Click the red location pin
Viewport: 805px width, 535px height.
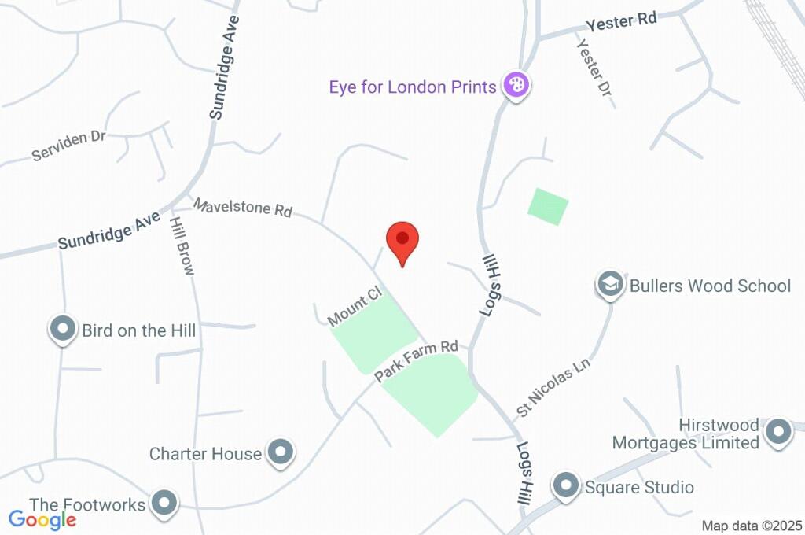[402, 240]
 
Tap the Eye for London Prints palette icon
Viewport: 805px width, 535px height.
[516, 84]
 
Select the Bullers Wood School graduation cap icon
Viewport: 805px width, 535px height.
[610, 284]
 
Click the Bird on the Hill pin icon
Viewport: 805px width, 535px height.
[63, 329]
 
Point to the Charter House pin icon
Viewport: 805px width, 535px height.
[280, 452]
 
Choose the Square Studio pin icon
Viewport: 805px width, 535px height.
[566, 485]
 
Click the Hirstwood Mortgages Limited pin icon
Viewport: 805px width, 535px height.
[778, 431]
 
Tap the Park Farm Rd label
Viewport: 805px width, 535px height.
[416, 360]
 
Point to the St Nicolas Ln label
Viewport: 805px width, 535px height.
[553, 388]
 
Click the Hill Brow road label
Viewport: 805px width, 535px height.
[182, 245]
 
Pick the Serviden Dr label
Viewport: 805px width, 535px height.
[68, 146]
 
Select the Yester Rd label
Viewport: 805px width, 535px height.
[621, 22]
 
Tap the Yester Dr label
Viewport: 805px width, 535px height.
[594, 72]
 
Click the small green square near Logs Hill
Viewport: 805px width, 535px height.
[548, 206]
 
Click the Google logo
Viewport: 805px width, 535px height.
[42, 519]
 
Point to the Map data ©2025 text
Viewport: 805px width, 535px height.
[752, 526]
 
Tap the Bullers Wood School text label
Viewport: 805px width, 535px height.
[710, 285]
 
